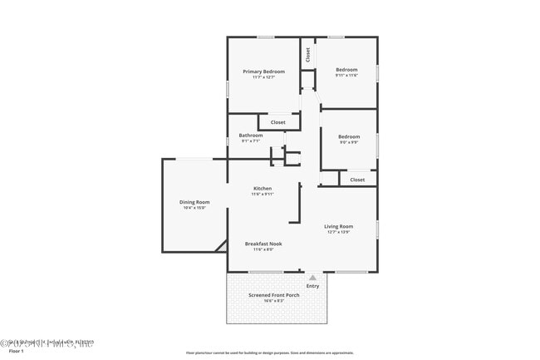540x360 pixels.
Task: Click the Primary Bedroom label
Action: click(x=263, y=72)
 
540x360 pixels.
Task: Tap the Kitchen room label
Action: click(x=263, y=189)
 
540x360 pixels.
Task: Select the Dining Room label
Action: click(x=194, y=202)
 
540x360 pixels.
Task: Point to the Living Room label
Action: click(x=338, y=226)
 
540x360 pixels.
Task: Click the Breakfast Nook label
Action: click(x=263, y=244)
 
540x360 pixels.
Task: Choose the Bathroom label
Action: click(x=251, y=136)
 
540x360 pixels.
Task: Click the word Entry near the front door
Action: click(x=312, y=286)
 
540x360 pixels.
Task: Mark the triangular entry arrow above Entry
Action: click(x=312, y=278)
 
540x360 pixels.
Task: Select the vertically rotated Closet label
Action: click(x=307, y=55)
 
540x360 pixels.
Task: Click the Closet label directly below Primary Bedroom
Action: click(x=277, y=122)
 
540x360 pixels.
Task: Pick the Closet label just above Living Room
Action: click(x=357, y=180)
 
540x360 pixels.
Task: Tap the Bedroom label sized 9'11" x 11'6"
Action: click(x=346, y=70)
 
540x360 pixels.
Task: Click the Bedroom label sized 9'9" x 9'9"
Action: click(x=349, y=136)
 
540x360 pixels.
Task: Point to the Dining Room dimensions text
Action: click(x=194, y=208)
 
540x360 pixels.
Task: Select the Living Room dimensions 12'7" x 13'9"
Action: click(x=338, y=232)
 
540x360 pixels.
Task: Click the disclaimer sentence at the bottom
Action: click(x=269, y=353)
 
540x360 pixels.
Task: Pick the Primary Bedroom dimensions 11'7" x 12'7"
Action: click(x=263, y=77)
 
